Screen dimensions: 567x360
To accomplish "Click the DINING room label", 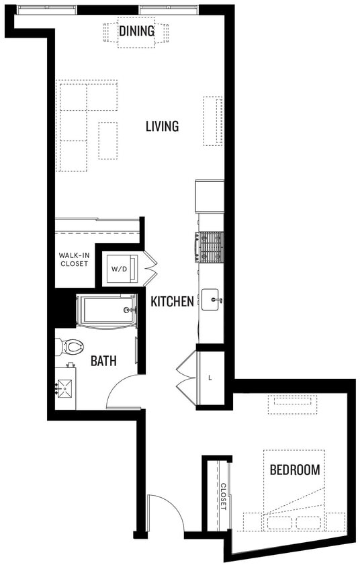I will tap(136, 31).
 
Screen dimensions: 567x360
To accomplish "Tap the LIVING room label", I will tap(162, 126).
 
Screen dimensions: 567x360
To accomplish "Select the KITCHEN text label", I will tap(172, 302).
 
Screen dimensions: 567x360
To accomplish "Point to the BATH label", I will tap(103, 361).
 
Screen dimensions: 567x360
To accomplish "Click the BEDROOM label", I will tap(294, 470).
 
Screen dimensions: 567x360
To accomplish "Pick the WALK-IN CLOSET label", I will tap(73, 259).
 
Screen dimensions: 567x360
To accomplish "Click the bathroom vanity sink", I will tap(66, 388).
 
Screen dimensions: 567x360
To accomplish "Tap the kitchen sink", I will tap(211, 300).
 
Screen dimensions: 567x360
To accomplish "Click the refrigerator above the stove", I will tap(210, 195).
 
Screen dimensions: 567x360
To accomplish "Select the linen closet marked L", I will tap(210, 378).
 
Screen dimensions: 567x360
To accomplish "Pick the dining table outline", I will tap(136, 34).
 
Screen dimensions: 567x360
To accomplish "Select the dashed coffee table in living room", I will tap(107, 140).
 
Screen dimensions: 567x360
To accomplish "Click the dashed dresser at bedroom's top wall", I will tap(291, 404).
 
